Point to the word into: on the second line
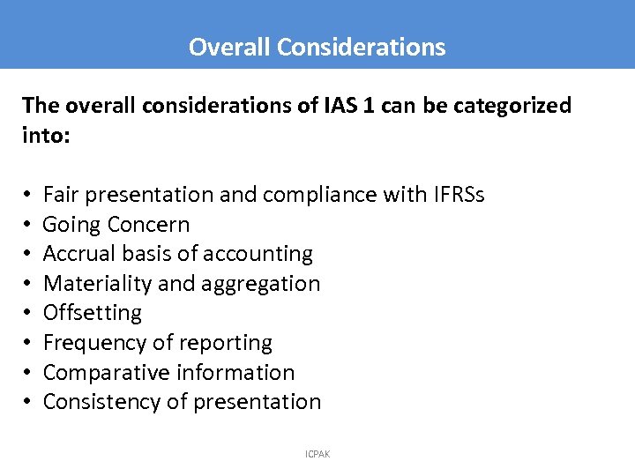[45, 136]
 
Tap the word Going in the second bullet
[71, 225]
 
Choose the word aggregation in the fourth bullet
[264, 284]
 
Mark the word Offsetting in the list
[92, 313]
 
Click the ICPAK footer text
[317, 454]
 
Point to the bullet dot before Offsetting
[29, 314]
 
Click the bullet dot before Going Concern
[29, 225]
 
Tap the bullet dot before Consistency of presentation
[29, 403]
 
